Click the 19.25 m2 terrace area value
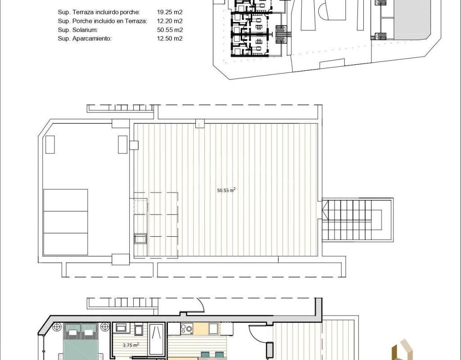[x=170, y=12]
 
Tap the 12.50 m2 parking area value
[x=170, y=38]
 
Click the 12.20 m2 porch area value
[x=170, y=21]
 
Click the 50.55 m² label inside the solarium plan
[x=226, y=190]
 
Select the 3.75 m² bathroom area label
[x=131, y=345]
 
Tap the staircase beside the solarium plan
[x=357, y=220]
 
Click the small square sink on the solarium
[x=140, y=238]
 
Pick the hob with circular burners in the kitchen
[x=187, y=328]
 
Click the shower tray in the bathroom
[x=156, y=339]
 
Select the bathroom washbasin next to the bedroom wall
[x=121, y=328]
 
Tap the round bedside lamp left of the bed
[x=57, y=327]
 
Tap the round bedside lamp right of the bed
[x=104, y=327]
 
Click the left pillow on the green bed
[x=72, y=332]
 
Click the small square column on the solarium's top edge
[x=200, y=123]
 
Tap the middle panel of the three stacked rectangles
[x=66, y=222]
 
